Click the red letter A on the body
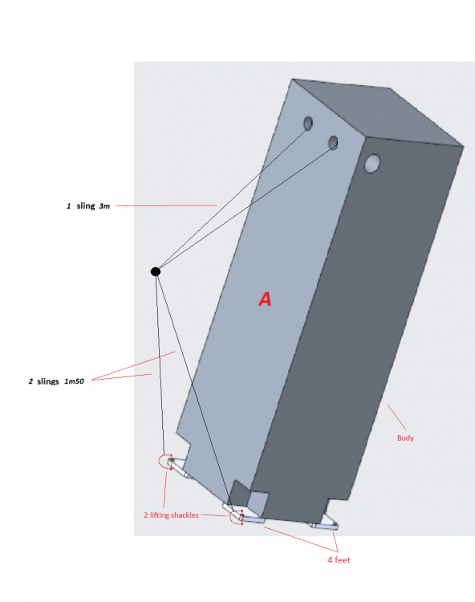(x=265, y=299)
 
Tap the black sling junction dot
(x=156, y=271)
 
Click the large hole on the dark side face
(x=373, y=164)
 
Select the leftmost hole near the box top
(x=307, y=123)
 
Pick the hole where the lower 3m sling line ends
(x=333, y=143)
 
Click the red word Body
(x=406, y=438)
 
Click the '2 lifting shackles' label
(x=170, y=515)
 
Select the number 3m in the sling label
(x=104, y=206)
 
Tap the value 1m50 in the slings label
(x=74, y=380)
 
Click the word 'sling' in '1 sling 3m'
(x=86, y=206)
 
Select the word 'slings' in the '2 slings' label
(x=48, y=380)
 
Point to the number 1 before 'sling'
(x=68, y=206)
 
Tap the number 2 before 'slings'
(x=30, y=380)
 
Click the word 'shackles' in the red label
(x=182, y=515)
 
